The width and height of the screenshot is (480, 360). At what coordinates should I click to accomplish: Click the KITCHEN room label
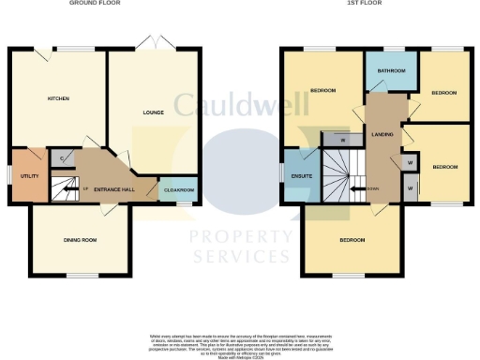[x=58, y=98]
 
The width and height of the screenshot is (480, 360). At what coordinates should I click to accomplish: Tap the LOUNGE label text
[x=153, y=112]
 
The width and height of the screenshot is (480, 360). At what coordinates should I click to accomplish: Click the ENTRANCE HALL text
[x=114, y=188]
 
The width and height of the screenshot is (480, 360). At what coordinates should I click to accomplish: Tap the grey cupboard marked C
[x=61, y=158]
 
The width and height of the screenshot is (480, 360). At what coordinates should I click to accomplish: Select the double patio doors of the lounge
[x=147, y=43]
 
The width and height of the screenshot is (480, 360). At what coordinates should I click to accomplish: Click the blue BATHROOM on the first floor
[x=390, y=72]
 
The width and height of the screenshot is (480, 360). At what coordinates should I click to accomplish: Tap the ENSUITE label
[x=301, y=174]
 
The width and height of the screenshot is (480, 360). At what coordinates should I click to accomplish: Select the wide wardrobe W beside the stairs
[x=343, y=142]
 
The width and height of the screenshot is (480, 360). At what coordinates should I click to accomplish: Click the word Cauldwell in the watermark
[x=239, y=103]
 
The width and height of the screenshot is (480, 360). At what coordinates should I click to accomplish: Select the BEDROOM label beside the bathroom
[x=443, y=93]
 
